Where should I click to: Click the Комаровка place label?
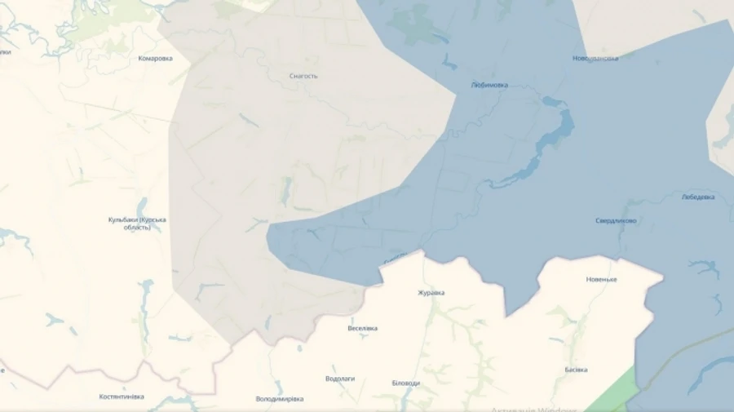coord(155,59)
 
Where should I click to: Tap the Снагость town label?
coord(303,77)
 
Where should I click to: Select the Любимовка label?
coord(489,85)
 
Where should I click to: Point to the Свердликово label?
coord(616,221)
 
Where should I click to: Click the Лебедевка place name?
coord(698,197)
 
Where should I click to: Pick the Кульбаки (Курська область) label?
coord(137,224)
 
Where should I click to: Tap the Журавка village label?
coord(431,293)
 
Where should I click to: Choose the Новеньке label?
coord(602,280)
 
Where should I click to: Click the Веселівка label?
coord(362,329)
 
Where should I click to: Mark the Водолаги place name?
coord(339,379)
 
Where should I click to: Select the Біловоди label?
coord(405,383)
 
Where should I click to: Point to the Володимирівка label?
coord(279,399)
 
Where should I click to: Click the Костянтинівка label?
coord(122,396)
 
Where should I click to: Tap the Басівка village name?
coord(576,370)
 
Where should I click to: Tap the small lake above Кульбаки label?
coord(142,204)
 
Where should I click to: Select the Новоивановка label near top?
coord(595,59)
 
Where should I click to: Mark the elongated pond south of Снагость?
coord(285,191)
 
